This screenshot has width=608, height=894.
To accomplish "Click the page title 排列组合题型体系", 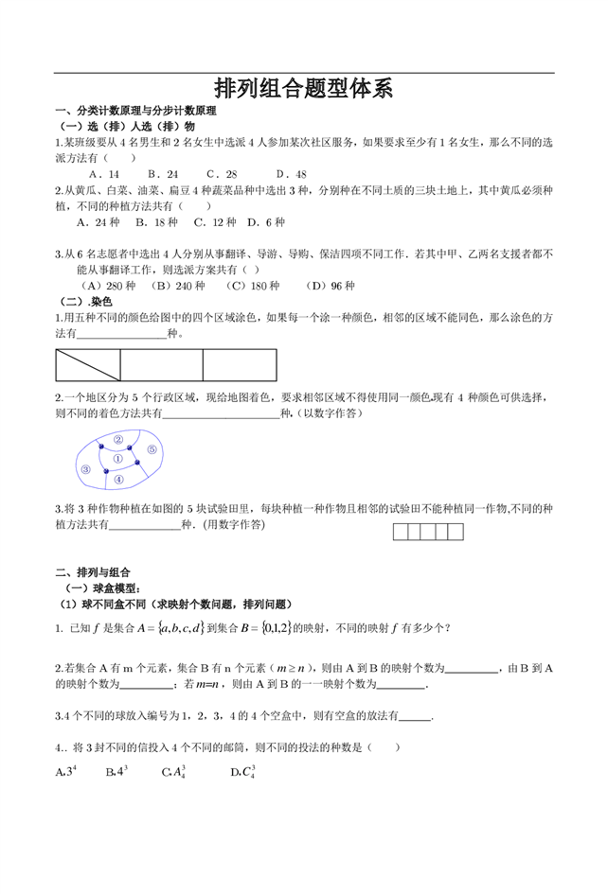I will click(303, 89).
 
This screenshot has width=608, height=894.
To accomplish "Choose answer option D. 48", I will click(291, 174).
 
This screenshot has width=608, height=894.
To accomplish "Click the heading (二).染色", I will click(80, 300).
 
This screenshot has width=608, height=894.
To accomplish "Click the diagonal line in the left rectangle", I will click(88, 365).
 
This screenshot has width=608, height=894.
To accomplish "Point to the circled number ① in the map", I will click(118, 459).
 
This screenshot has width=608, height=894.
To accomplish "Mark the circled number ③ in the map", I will click(86, 469).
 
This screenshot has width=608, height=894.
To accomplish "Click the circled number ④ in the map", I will click(118, 480).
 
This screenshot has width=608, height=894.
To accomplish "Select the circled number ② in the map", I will click(118, 440).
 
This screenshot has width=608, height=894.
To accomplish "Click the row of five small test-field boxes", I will click(428, 532).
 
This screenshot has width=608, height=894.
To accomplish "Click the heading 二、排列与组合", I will click(93, 572).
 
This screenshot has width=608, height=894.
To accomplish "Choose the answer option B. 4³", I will click(116, 771).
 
